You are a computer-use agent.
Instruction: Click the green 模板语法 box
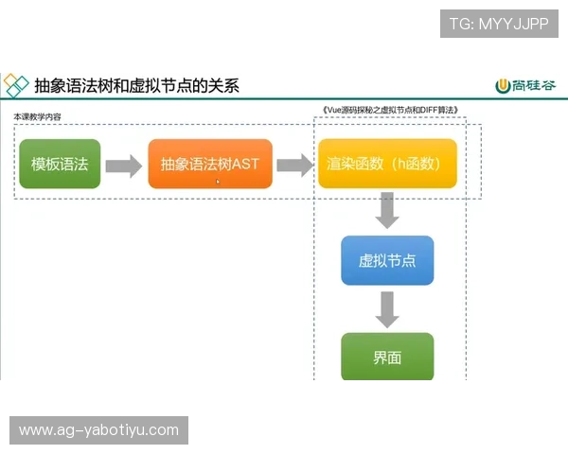point(60,165)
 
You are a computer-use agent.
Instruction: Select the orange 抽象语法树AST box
point(209,165)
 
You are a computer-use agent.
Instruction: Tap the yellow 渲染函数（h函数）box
point(387,165)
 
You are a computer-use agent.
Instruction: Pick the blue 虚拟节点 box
point(387,261)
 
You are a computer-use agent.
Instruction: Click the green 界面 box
point(387,358)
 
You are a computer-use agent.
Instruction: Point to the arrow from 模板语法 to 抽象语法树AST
point(123,166)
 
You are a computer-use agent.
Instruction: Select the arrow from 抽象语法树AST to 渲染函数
point(294,166)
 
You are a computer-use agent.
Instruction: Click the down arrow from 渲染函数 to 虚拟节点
point(386,210)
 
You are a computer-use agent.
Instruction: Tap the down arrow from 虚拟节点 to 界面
point(386,308)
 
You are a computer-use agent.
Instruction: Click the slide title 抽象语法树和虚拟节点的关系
point(136,86)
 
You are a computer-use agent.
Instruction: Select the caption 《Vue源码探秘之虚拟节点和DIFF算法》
point(390,111)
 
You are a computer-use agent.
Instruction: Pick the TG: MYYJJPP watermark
point(499,24)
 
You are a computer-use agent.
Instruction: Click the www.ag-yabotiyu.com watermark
point(98,430)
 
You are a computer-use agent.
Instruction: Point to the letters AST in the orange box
point(244,165)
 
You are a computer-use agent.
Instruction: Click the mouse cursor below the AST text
point(218,182)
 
